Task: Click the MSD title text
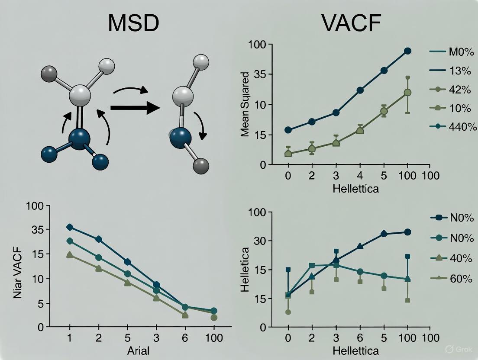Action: click(133, 24)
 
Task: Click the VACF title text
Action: click(351, 24)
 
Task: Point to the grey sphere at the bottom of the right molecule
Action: click(201, 166)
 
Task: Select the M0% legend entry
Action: click(450, 52)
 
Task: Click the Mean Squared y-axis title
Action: click(245, 105)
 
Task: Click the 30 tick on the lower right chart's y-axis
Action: click(258, 241)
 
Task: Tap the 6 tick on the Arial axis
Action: click(185, 338)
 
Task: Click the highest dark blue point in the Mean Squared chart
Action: click(407, 51)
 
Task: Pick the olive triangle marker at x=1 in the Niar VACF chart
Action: click(70, 255)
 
